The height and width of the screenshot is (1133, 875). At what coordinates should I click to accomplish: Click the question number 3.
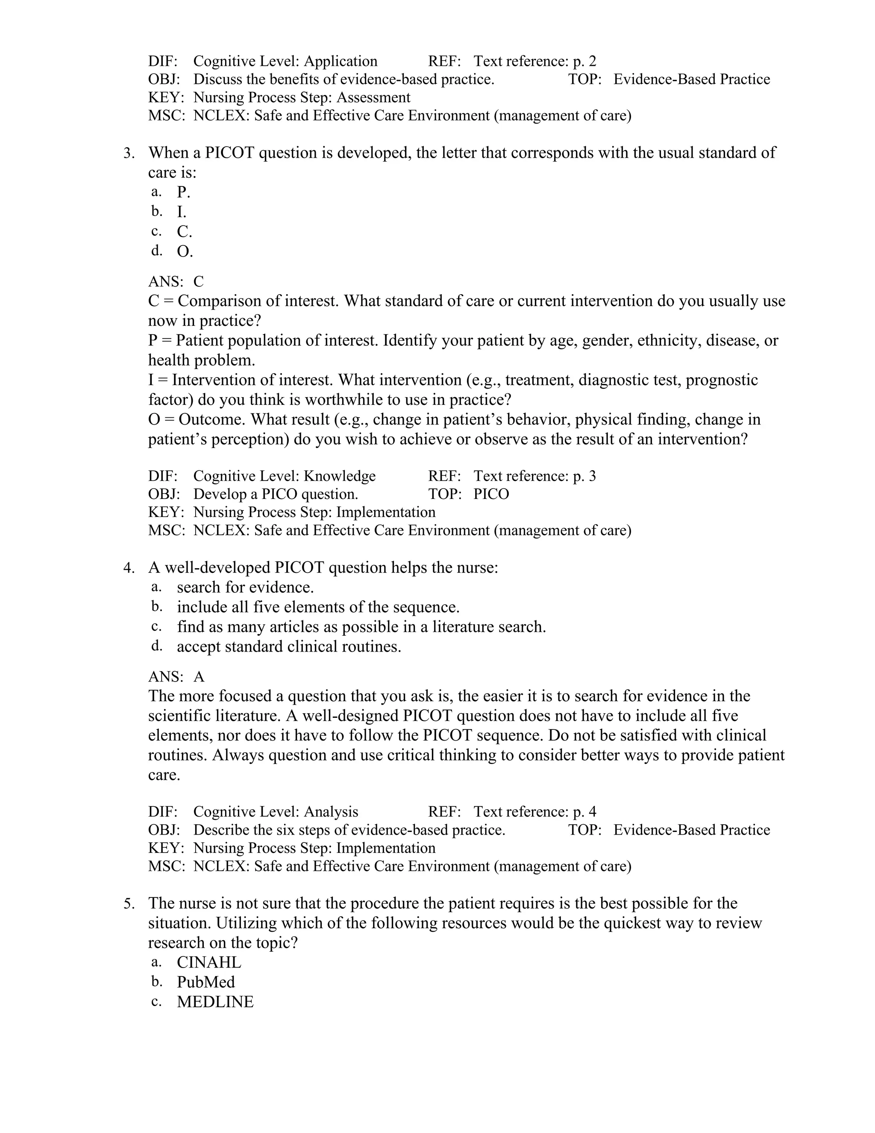129,153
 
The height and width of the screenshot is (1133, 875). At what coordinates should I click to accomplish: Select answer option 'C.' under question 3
184,232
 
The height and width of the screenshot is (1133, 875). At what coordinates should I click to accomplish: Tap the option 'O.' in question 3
185,251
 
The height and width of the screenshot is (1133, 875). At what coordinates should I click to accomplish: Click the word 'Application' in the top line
341,61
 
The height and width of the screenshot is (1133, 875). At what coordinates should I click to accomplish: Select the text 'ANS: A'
176,676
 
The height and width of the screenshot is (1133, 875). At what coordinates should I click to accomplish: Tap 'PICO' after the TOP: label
491,494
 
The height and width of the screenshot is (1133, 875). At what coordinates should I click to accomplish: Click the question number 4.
129,568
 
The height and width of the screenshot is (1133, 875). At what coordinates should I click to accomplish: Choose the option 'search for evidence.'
245,587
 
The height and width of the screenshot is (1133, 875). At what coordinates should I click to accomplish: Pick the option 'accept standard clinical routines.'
289,647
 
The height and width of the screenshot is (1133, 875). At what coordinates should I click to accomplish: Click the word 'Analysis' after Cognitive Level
331,811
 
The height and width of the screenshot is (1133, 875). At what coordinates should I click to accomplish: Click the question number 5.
129,904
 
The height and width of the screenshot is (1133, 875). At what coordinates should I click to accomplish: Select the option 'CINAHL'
209,962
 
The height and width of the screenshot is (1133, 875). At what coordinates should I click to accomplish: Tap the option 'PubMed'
206,982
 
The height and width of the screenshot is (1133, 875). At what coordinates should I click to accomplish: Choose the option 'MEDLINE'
215,1002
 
